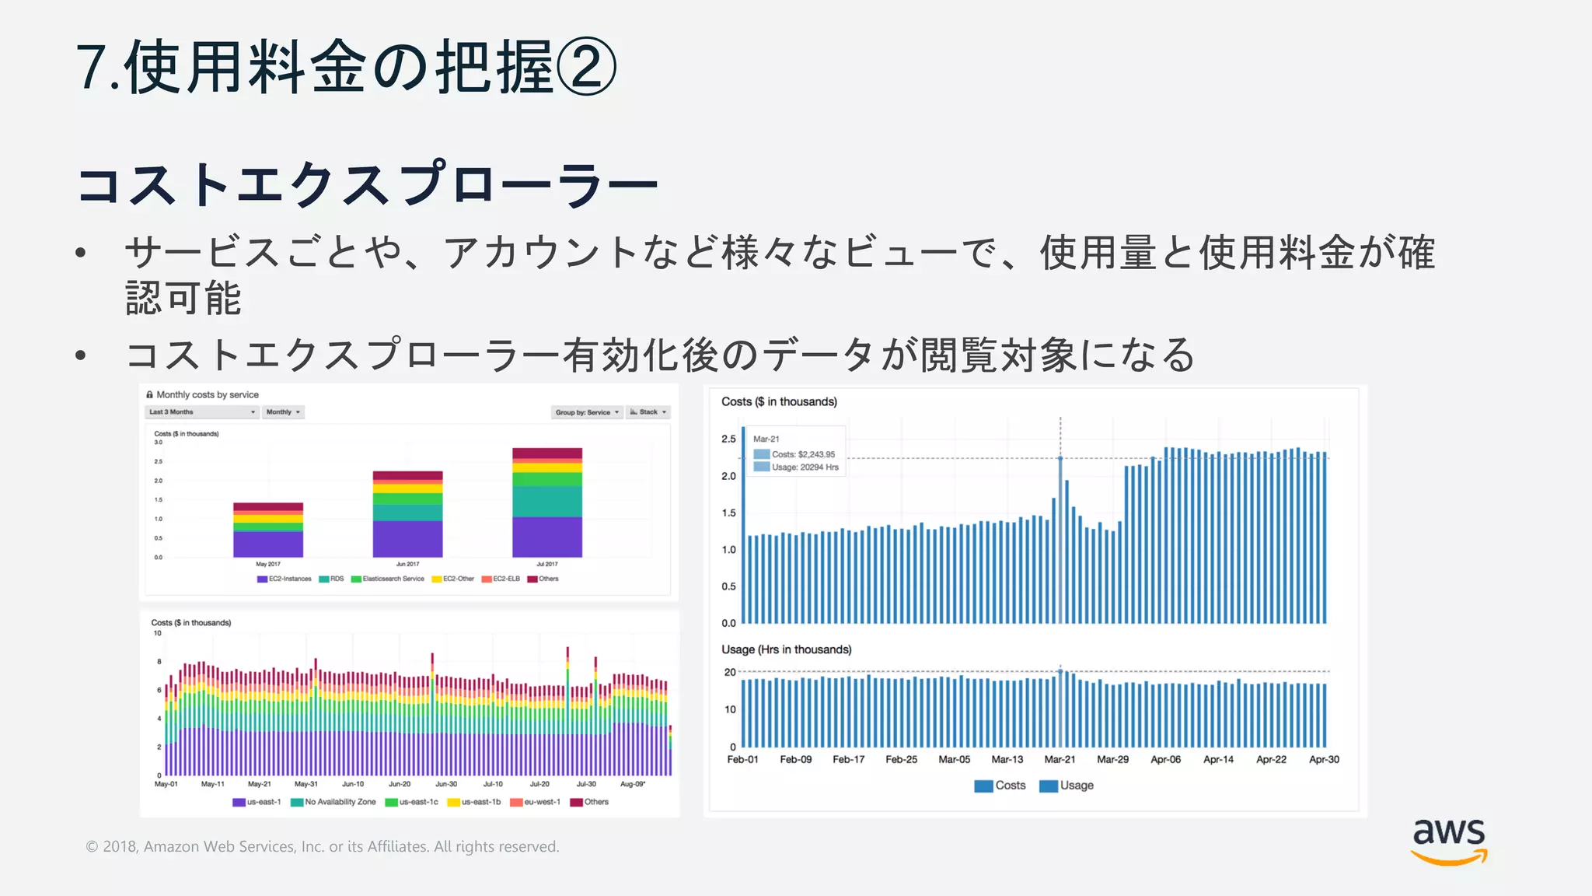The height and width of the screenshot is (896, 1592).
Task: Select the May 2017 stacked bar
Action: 268,530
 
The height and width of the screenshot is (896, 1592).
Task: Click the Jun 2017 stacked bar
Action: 407,514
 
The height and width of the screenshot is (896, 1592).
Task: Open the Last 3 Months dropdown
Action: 201,412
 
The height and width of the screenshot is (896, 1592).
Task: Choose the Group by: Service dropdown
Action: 587,412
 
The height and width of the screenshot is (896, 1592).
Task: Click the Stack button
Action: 648,412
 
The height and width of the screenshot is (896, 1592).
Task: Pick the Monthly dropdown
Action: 283,412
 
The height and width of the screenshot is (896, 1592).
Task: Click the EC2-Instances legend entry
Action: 285,579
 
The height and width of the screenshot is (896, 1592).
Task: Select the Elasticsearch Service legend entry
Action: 388,579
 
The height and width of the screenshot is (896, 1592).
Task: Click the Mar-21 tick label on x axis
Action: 1060,759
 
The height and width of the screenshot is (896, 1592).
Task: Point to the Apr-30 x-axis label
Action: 1324,759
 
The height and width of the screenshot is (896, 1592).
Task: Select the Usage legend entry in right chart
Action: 1067,786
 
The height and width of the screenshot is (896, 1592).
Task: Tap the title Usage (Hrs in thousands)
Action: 786,649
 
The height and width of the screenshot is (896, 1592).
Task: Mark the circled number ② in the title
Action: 585,67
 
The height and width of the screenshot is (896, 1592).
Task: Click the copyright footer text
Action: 322,846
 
